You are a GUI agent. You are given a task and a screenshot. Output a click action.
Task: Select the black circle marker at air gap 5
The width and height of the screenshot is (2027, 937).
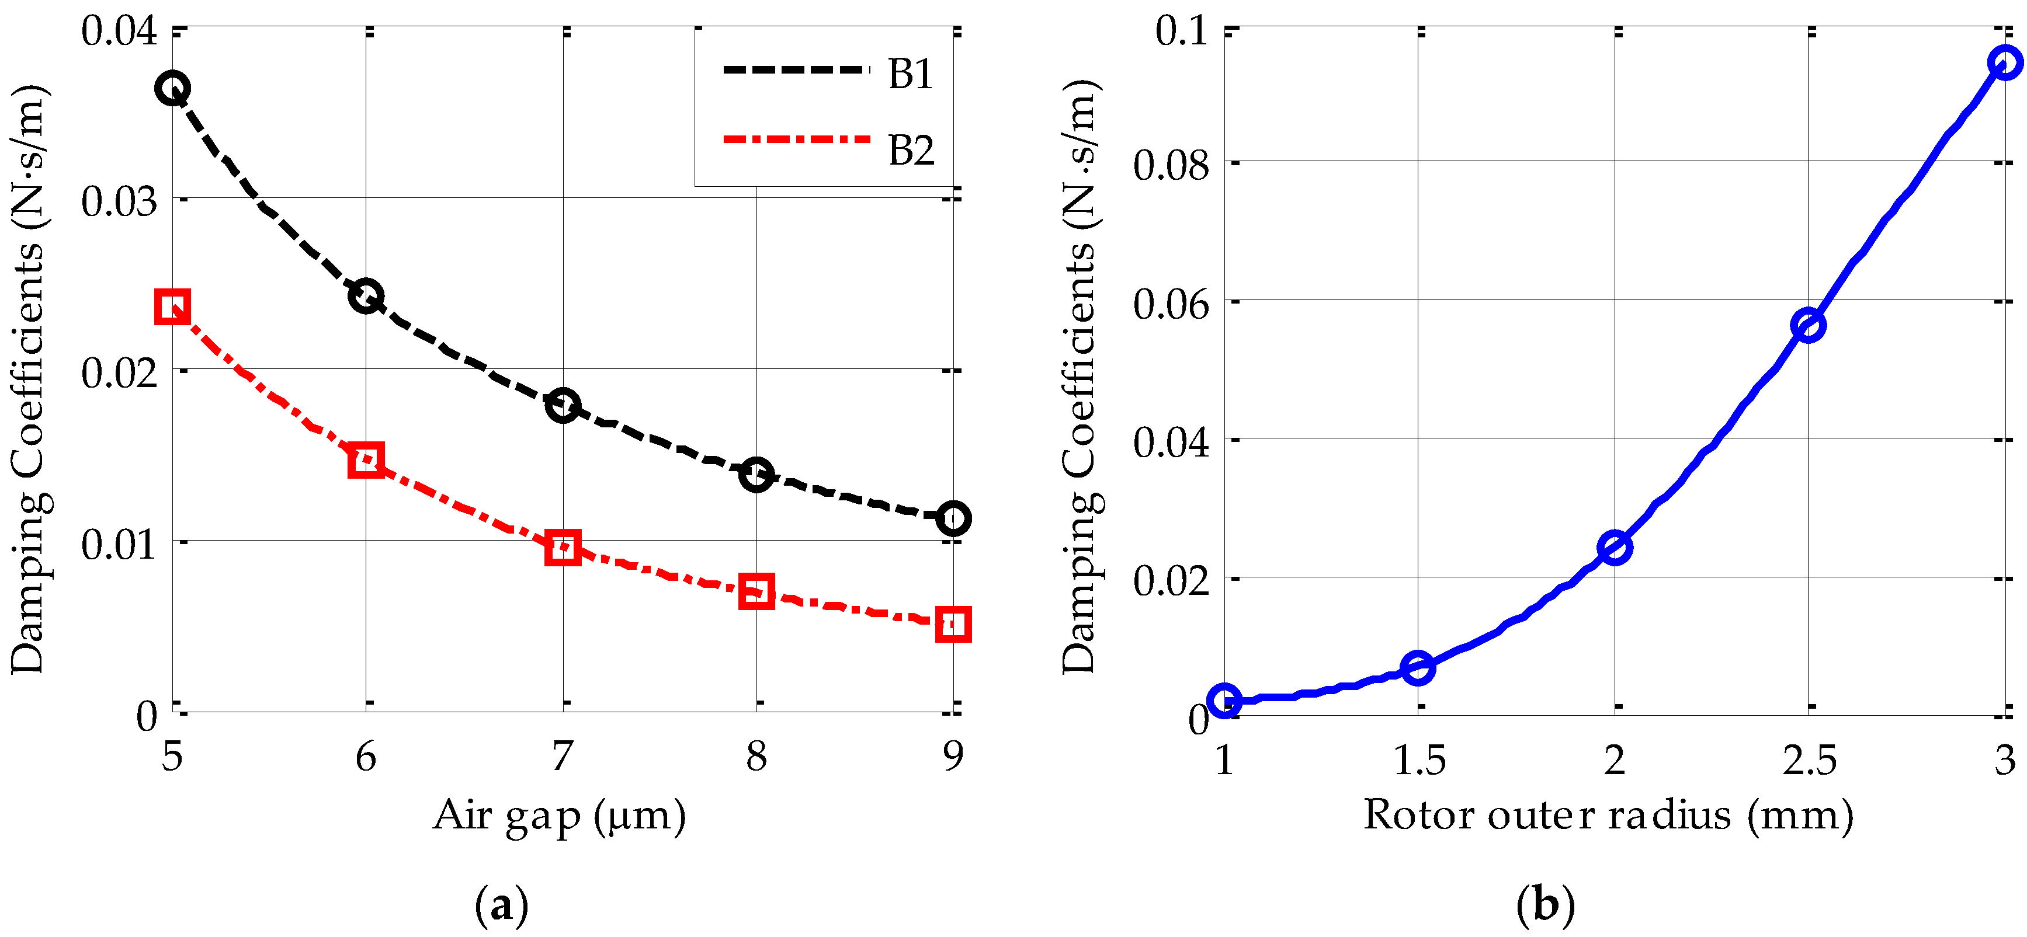pos(172,88)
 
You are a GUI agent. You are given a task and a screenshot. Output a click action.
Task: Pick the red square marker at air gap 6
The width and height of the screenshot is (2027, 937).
pos(365,459)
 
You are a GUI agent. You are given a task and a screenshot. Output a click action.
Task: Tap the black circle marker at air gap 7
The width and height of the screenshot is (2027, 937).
pos(563,405)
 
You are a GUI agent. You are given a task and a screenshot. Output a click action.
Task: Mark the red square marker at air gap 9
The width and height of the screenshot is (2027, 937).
pos(953,624)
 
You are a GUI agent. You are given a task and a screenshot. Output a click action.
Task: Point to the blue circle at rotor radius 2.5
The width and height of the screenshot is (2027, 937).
pos(1809,325)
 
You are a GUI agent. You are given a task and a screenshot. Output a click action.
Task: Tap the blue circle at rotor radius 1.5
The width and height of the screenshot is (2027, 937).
pos(1418,668)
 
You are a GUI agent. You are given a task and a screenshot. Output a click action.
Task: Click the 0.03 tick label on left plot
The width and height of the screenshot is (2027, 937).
pos(119,201)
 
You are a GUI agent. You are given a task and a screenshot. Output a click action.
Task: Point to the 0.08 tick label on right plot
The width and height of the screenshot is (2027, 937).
pos(1171,165)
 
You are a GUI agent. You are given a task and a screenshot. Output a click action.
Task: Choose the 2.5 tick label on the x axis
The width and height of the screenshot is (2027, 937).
pos(1809,760)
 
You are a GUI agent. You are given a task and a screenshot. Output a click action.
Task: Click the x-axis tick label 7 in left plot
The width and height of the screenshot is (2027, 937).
pos(562,757)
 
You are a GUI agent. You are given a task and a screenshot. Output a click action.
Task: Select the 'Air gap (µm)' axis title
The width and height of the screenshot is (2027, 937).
pos(560,815)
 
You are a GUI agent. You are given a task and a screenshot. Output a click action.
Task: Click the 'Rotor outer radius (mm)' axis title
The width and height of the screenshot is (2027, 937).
pos(1608,815)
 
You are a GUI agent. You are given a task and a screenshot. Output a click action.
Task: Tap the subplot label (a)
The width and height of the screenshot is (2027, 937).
pos(501,905)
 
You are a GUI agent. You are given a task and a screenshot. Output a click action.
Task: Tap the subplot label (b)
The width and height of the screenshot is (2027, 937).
pos(1546,905)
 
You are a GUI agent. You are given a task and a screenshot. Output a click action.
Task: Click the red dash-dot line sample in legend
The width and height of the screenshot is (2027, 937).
pos(796,140)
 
